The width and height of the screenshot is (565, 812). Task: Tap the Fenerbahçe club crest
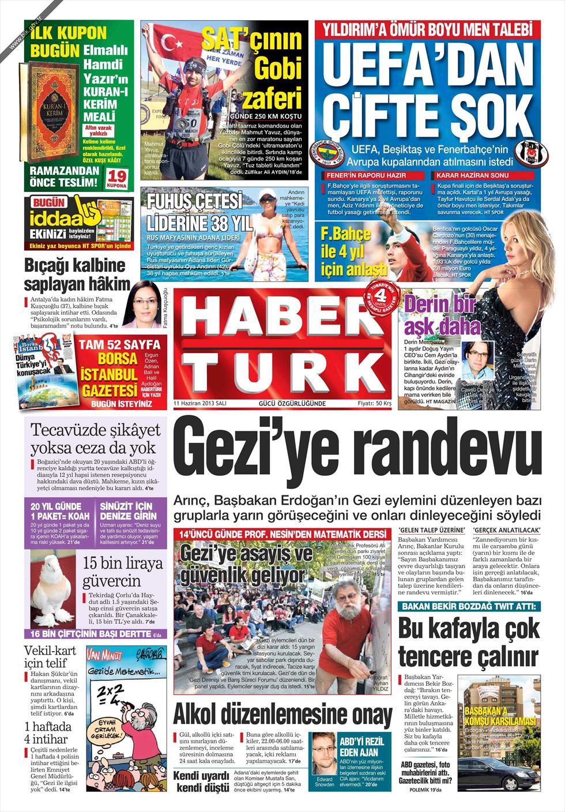(326, 152)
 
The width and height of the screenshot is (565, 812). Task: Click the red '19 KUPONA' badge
(118, 179)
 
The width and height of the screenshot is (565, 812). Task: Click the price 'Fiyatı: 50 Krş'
(374, 404)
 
